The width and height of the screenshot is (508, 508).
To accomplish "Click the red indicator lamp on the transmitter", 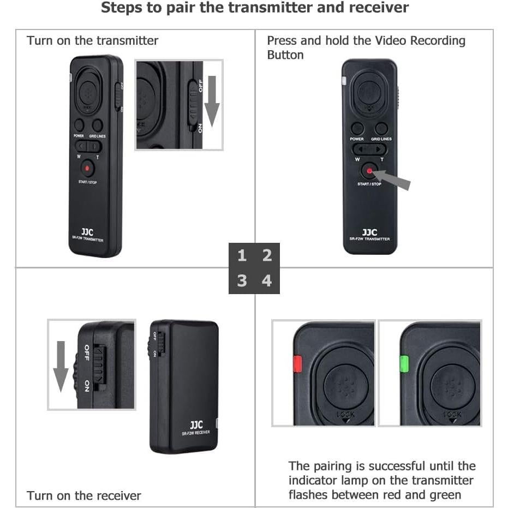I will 297,363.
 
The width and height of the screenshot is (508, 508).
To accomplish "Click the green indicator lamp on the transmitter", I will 404,363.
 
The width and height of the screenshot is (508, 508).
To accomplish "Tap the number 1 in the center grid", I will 242,255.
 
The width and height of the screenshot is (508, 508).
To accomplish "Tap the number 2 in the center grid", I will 267,255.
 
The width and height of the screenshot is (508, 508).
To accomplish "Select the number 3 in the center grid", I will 242,280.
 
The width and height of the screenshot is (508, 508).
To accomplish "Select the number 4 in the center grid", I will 267,280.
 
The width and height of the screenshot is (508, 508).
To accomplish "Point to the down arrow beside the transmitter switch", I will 212,101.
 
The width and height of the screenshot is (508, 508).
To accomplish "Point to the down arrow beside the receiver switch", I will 61,366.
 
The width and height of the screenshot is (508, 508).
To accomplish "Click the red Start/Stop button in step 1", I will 87,167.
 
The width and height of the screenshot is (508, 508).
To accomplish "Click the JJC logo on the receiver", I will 196,425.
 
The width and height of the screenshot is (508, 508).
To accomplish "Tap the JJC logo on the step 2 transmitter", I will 369,232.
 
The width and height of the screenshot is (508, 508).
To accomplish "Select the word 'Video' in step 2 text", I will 391,41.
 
